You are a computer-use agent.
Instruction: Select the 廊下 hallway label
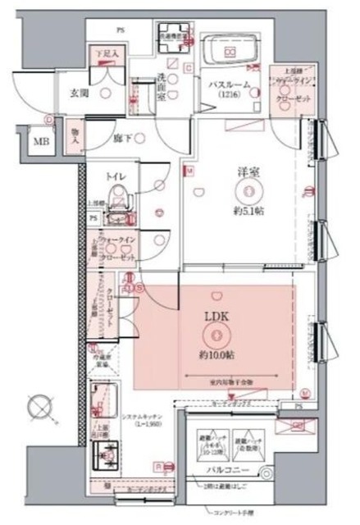pyautogui.click(x=123, y=139)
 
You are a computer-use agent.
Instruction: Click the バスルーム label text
pyautogui.click(x=229, y=84)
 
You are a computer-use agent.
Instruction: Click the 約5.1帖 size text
pyautogui.click(x=248, y=211)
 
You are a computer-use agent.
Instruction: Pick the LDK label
pyautogui.click(x=214, y=317)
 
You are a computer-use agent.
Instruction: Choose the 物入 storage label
pyautogui.click(x=75, y=138)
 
